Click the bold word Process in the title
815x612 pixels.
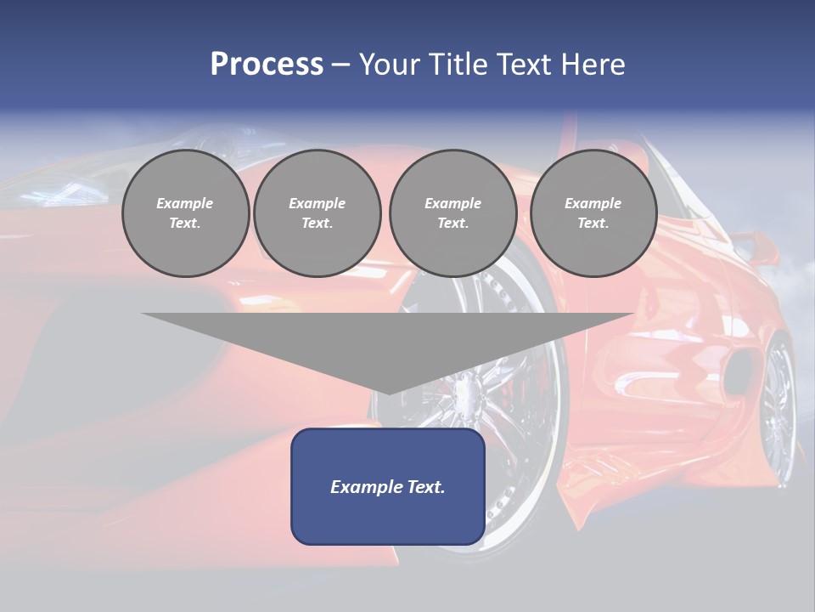click(x=267, y=65)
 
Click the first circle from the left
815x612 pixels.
click(x=185, y=213)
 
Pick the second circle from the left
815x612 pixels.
click(x=317, y=213)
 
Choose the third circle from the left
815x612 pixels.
click(x=452, y=213)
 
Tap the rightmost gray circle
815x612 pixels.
click(x=593, y=213)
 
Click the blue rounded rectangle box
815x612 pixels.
click(x=388, y=486)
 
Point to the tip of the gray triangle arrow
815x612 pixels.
click(x=388, y=392)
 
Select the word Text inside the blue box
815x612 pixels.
click(x=426, y=487)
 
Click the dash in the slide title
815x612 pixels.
click(x=340, y=65)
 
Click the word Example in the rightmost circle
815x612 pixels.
click(x=593, y=203)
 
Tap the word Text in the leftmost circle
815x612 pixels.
click(x=185, y=224)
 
